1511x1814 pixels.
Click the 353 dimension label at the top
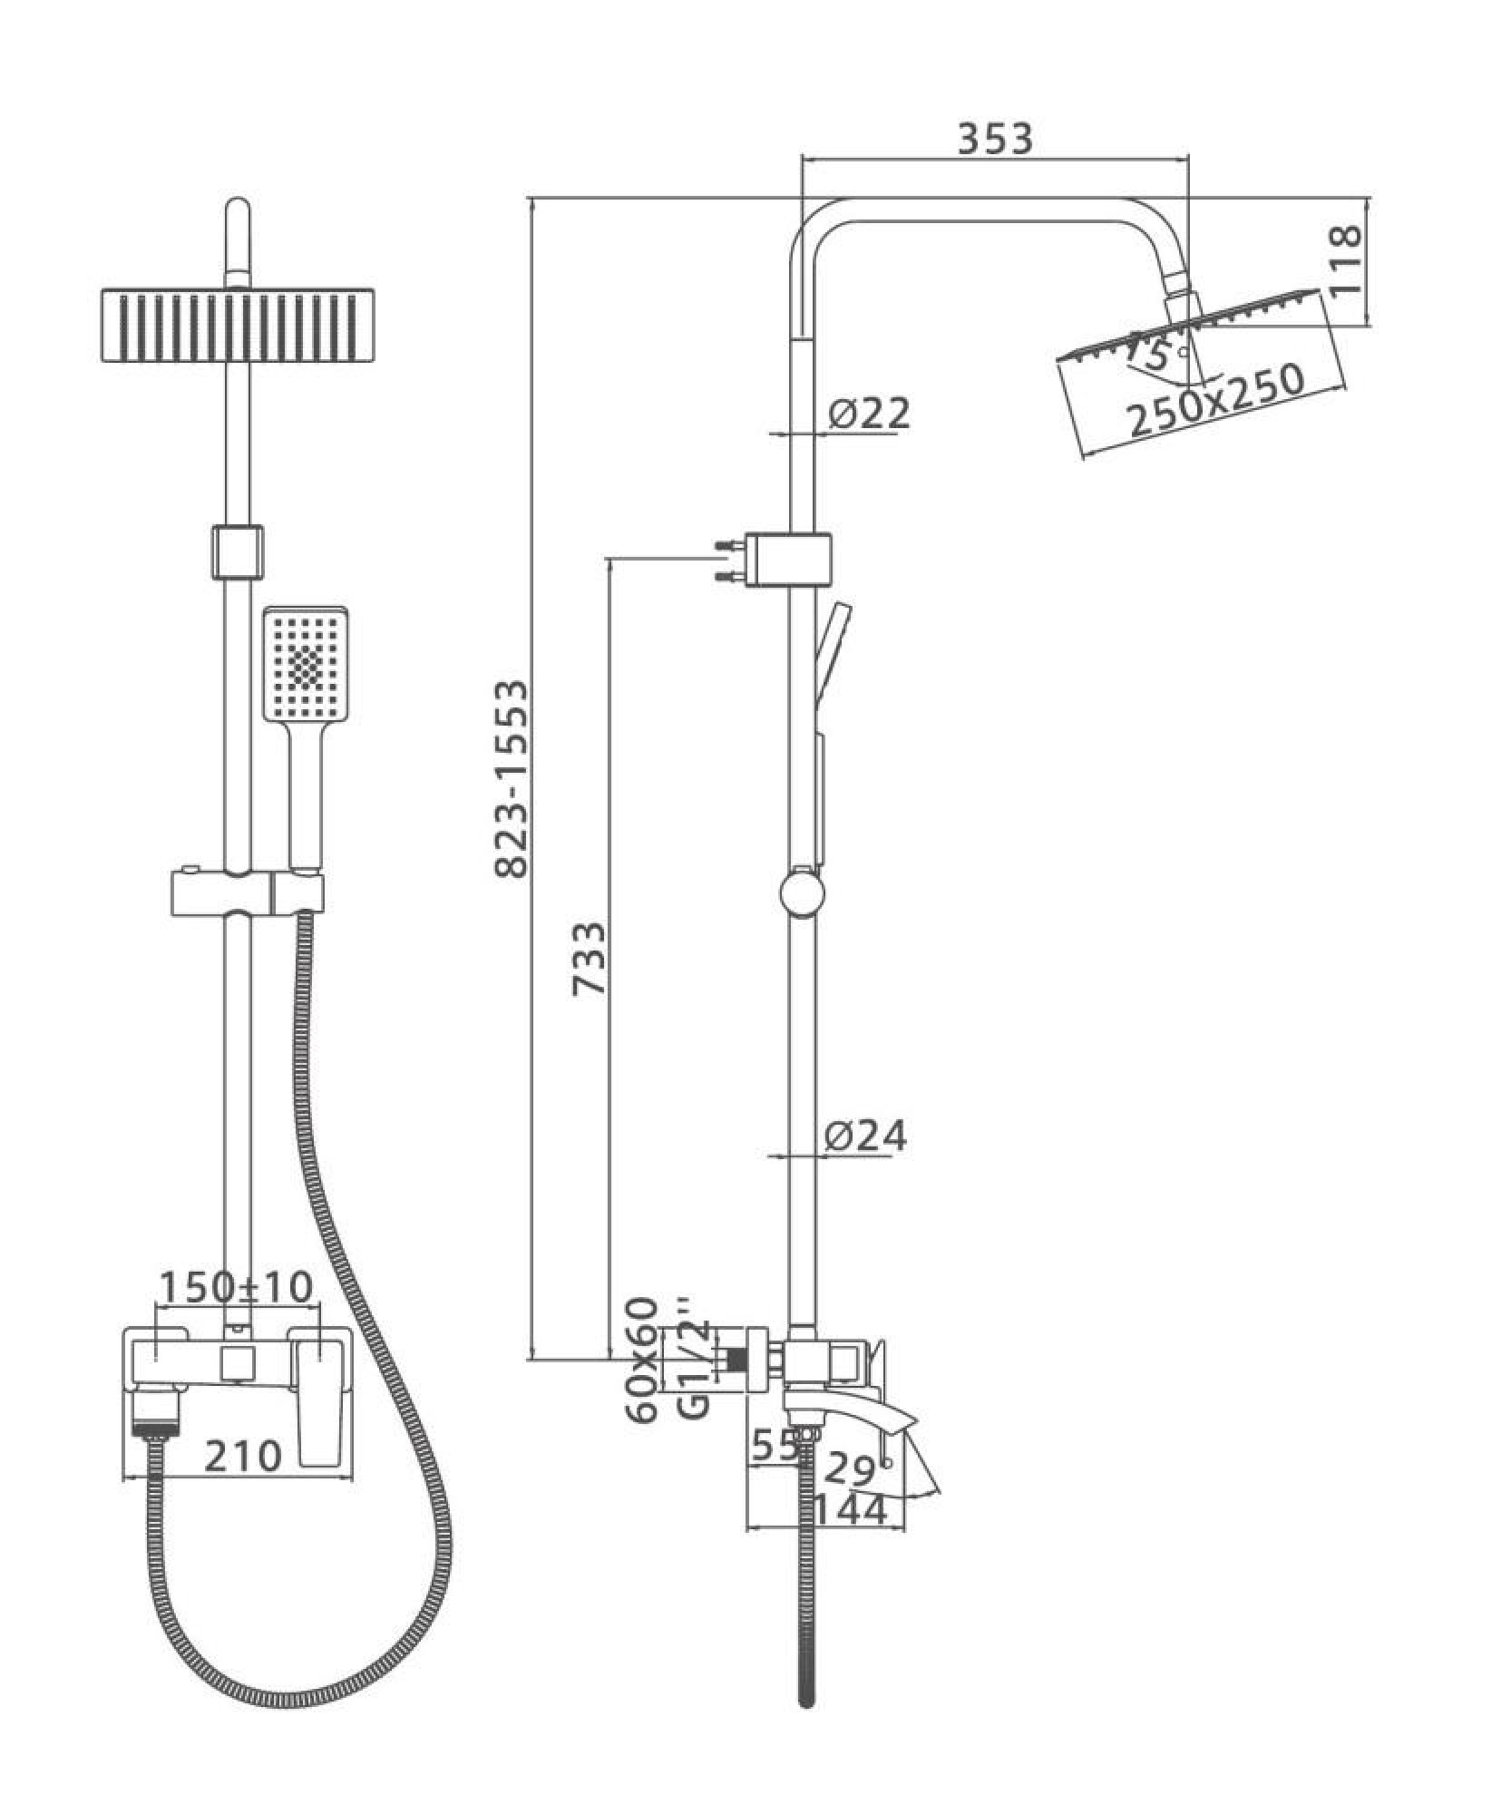(x=995, y=139)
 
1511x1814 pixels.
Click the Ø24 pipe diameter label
(x=865, y=1136)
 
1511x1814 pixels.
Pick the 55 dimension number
(x=774, y=1447)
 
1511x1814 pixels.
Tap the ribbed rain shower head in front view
(x=237, y=327)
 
